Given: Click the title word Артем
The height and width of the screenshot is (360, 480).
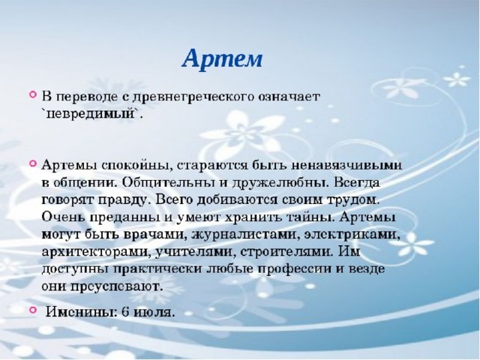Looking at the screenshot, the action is tap(223, 58).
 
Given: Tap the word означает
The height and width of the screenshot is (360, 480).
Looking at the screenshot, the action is tap(289, 97).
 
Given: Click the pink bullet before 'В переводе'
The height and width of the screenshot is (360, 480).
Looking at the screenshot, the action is tap(33, 94).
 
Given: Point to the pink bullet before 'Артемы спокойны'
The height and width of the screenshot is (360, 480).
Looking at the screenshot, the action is tap(33, 163).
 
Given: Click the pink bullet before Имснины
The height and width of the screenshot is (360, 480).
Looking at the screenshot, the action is tap(33, 310).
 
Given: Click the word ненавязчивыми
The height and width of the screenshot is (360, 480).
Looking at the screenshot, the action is tap(346, 165).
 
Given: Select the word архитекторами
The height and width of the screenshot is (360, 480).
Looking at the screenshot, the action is tap(97, 253).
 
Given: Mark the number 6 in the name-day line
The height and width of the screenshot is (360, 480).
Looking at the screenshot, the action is tap(125, 312).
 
